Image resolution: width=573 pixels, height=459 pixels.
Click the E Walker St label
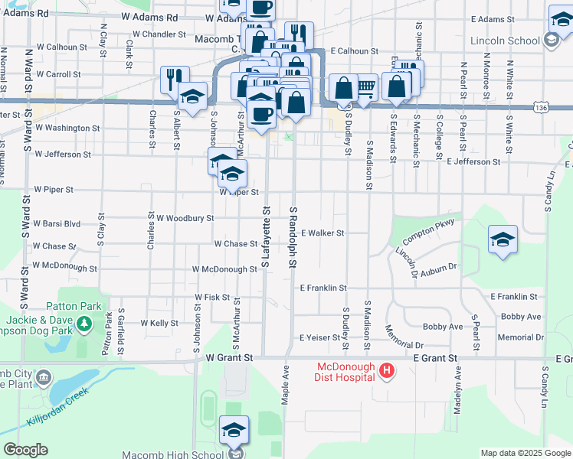pyautogui.click(x=323, y=233)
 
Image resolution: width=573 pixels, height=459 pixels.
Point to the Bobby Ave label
pyautogui.click(x=521, y=316)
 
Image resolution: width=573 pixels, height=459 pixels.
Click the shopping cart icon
pyautogui.click(x=366, y=87)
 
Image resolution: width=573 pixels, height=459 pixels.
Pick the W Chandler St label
pyautogui.click(x=159, y=34)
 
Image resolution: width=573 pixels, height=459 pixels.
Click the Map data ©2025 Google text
pyautogui.click(x=525, y=453)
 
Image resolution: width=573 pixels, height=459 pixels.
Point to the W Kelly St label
pyautogui.click(x=159, y=324)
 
